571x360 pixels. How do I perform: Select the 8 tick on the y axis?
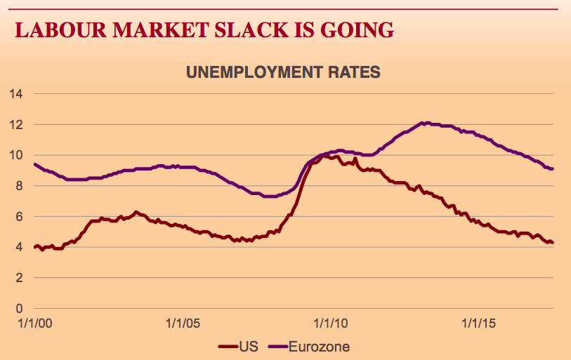coord(20,186)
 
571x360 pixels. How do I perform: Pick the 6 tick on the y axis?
coord(20,217)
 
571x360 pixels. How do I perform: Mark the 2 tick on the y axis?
coord(20,278)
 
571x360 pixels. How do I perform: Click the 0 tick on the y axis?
coord(20,309)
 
